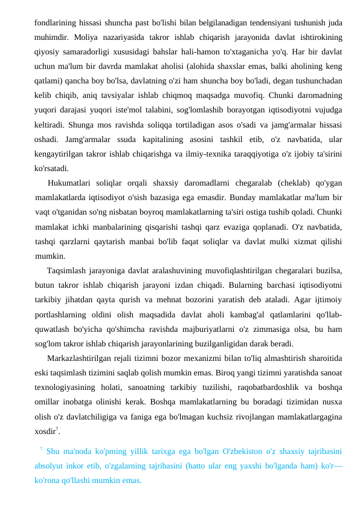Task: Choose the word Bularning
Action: (230, 284)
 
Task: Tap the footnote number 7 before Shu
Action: (40, 449)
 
